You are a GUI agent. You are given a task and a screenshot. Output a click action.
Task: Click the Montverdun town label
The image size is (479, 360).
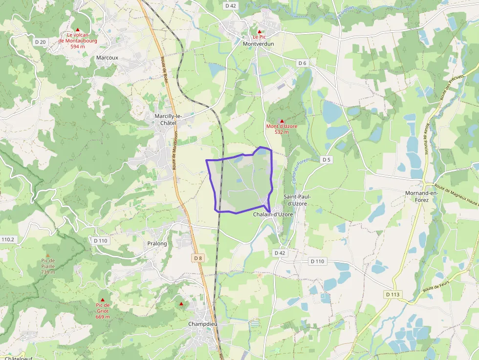pos(258,43)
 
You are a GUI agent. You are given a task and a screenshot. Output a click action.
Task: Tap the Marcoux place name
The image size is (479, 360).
pos(107,58)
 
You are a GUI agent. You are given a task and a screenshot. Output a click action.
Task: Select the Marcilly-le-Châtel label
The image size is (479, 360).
pos(168,119)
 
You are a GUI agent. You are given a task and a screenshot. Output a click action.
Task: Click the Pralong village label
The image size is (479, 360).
pos(157,243)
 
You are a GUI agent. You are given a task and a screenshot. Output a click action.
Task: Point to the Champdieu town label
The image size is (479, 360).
pos(202,324)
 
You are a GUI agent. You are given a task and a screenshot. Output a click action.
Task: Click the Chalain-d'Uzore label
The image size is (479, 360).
pos(273,214)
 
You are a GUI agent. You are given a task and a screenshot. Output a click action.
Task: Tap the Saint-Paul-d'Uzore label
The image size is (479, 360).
pos(297,200)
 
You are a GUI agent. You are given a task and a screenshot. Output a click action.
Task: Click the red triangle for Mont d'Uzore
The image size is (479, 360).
pos(282,120)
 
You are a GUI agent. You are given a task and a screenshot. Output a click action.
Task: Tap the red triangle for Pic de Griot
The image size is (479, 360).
pos(103,299)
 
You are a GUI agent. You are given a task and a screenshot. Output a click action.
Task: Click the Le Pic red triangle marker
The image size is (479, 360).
pos(259,31)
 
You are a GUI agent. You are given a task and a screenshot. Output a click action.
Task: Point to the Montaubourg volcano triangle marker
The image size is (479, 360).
pos(77,29)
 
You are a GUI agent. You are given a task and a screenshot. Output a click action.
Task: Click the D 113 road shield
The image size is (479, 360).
pos(392,294)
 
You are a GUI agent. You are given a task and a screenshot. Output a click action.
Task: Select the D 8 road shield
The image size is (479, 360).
pos(197,258)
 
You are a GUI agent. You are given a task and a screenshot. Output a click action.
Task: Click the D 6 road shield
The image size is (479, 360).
pos(303,63)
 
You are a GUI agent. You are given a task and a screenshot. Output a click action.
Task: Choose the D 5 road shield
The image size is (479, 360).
pos(326,160)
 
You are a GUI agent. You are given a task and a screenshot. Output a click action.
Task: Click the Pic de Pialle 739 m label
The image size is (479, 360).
pos(48,266)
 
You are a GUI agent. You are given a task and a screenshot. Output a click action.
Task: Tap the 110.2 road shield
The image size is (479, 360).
pos(7,239)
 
